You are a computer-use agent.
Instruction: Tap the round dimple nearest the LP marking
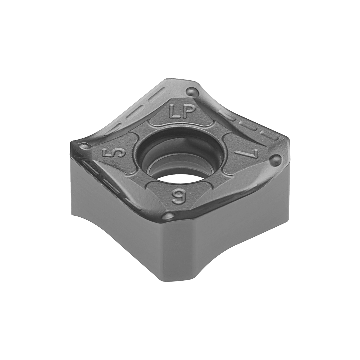[x=192, y=91]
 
